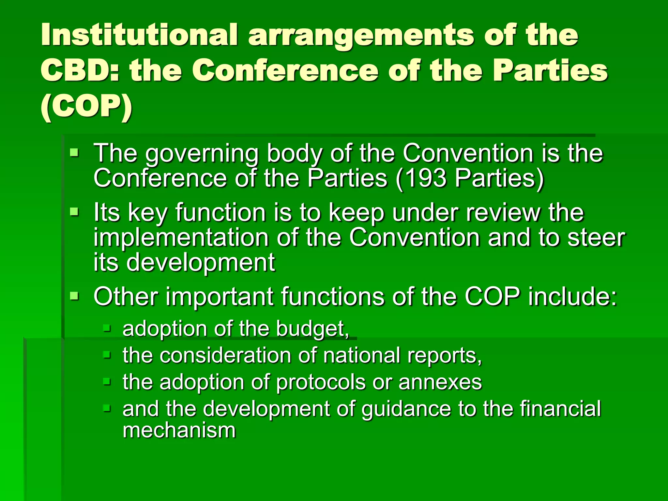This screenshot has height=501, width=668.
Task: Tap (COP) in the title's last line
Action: (86, 107)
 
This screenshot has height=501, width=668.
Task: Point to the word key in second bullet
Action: (147, 213)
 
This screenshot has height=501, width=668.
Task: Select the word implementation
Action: (181, 238)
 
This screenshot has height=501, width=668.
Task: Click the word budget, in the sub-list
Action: (312, 328)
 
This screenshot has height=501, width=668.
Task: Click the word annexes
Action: (440, 382)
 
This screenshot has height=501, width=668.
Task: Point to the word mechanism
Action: (179, 431)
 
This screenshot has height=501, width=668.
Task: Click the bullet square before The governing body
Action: (74, 152)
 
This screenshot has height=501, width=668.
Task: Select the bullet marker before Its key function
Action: (74, 212)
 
